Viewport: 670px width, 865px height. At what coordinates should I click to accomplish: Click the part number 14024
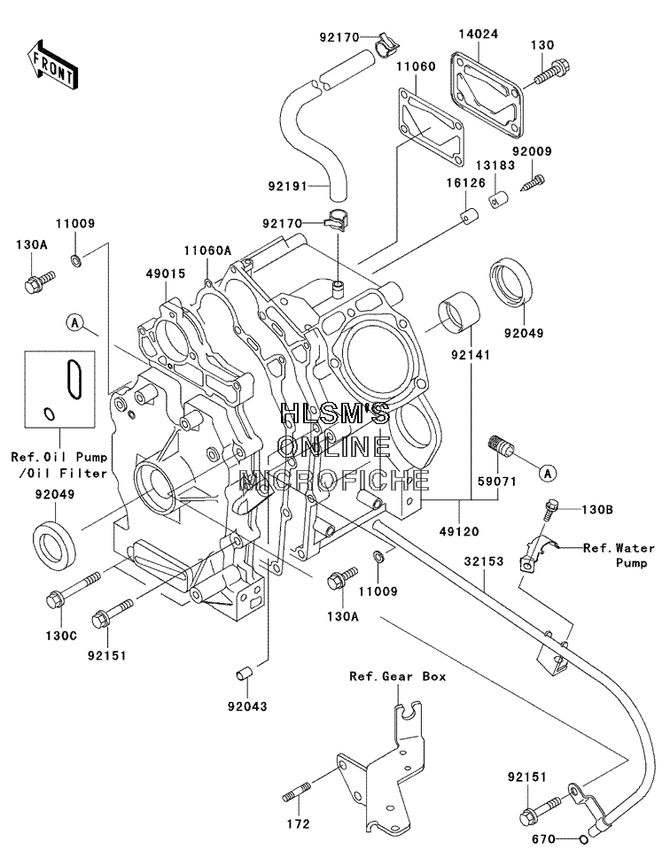pos(478,35)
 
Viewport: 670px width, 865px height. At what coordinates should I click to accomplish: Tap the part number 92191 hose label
pos(288,187)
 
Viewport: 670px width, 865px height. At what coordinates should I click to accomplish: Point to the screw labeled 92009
pos(533,182)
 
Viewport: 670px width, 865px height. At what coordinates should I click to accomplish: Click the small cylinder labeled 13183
pos(499,198)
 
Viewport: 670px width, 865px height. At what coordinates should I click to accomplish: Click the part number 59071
pos(497,482)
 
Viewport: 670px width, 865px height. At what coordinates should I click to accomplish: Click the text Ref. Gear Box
pos(397,676)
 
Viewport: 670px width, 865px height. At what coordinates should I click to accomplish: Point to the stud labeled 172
pos(297,792)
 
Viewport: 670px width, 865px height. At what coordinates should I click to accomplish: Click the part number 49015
pos(166,274)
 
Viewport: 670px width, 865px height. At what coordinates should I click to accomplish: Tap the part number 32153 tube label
pos(484,561)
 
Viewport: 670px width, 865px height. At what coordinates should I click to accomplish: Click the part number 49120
pos(459,531)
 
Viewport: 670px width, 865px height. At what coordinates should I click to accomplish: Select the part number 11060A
pos(207,251)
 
